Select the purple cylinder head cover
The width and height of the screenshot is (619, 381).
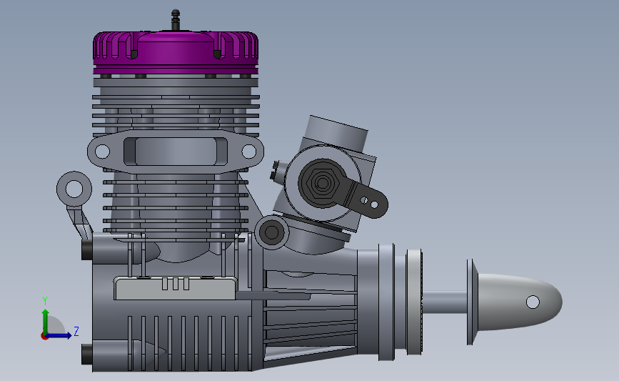click(176, 52)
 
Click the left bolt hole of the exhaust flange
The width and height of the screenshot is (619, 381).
click(102, 152)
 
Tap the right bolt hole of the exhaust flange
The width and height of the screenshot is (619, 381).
click(248, 151)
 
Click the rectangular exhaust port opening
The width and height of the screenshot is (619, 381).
click(176, 152)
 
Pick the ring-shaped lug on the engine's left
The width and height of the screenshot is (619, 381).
click(74, 189)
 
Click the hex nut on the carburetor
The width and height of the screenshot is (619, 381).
click(323, 182)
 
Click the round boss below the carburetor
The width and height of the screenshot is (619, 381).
click(271, 232)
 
